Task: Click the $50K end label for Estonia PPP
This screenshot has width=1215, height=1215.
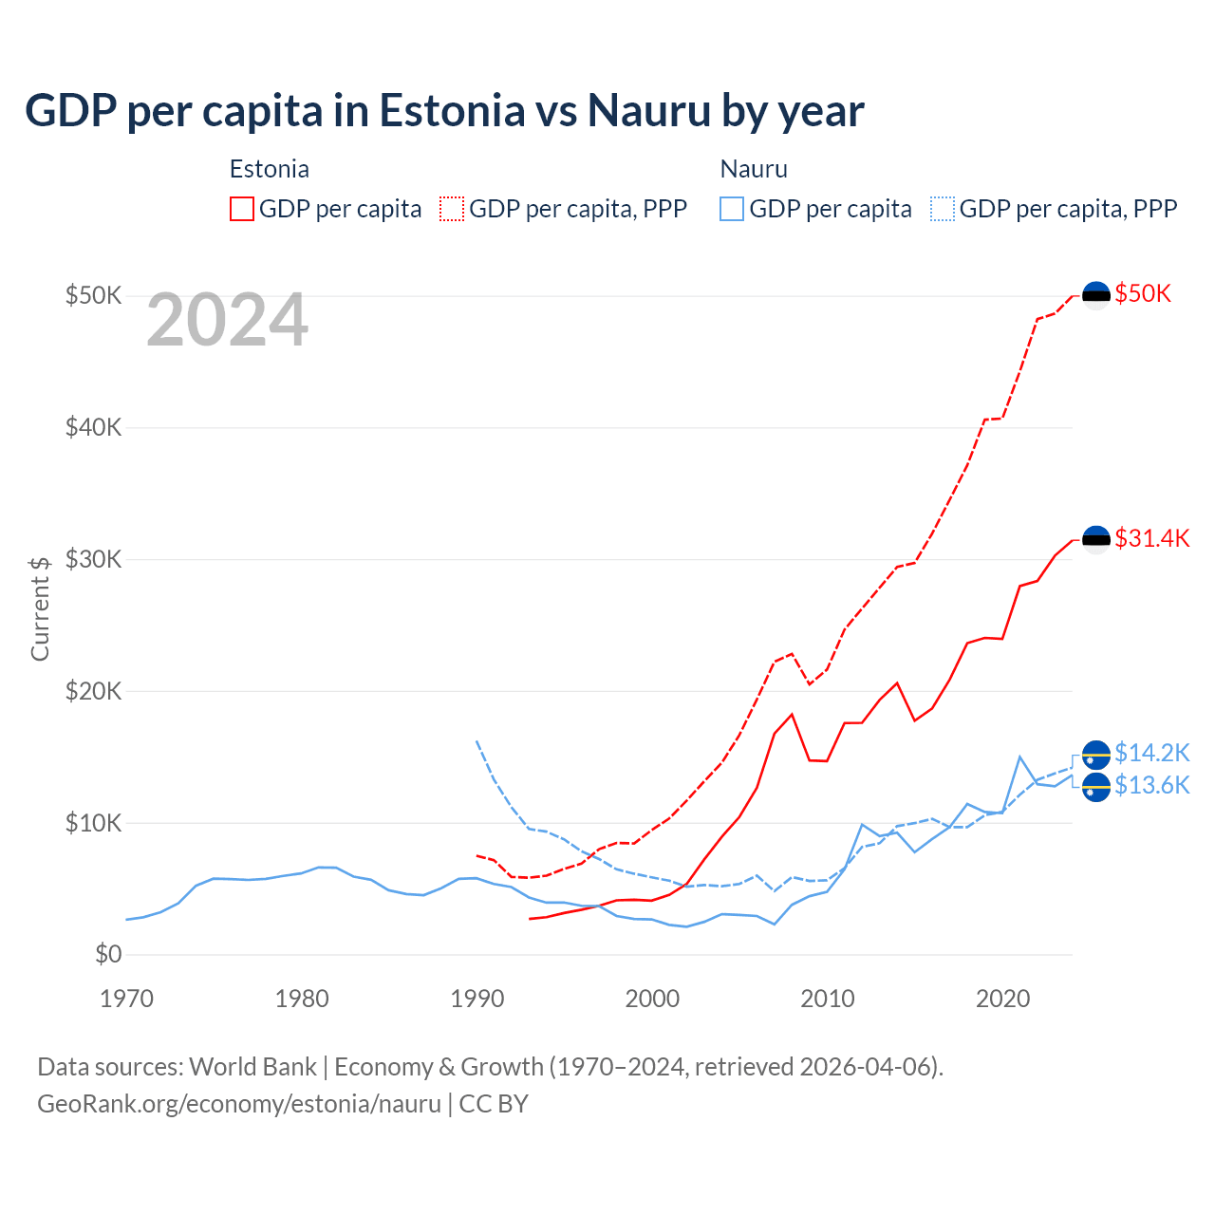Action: [x=1143, y=293]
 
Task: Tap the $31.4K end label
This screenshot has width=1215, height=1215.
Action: [x=1151, y=538]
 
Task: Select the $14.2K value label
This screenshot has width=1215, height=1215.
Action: [x=1151, y=753]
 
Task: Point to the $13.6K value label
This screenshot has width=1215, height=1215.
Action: [x=1151, y=785]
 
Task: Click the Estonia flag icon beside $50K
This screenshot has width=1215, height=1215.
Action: [x=1096, y=295]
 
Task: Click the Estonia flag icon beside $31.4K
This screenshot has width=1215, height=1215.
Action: [x=1096, y=539]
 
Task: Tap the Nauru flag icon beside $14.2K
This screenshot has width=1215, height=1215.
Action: [x=1096, y=755]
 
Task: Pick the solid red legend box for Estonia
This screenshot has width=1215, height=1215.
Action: [x=242, y=209]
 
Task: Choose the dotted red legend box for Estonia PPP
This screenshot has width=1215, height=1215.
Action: [x=452, y=209]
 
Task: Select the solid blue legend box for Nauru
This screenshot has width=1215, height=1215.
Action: [x=732, y=209]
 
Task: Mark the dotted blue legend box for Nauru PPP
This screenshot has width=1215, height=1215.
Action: [x=943, y=209]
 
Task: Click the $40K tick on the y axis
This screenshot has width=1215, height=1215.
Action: [x=94, y=427]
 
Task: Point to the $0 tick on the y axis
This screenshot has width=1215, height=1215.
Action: [x=108, y=954]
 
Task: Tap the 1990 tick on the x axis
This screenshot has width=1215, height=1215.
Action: [x=477, y=999]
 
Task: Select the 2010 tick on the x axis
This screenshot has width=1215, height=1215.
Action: [x=827, y=999]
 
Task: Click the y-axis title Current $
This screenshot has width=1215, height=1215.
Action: [x=40, y=608]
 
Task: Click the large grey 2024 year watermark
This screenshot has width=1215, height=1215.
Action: [x=227, y=321]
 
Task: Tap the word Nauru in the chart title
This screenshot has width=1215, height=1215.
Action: [x=649, y=110]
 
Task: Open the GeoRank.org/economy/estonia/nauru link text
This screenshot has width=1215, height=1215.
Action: [x=239, y=1104]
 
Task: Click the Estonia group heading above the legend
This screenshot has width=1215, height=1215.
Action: [x=270, y=169]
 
